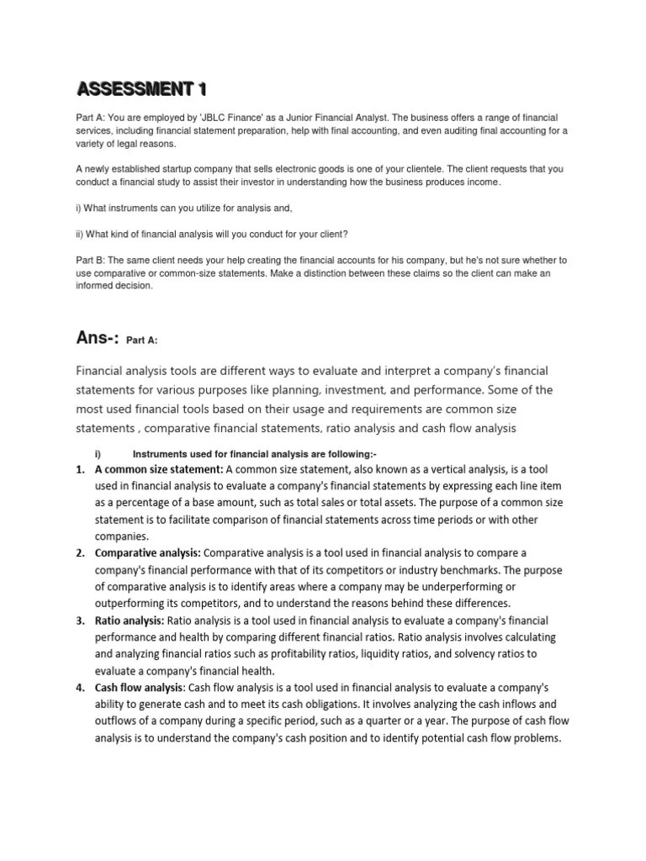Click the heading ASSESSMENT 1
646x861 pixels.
(x=140, y=87)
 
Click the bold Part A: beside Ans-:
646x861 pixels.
(x=142, y=341)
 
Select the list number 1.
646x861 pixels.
(x=80, y=469)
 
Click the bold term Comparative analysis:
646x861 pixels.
(x=148, y=552)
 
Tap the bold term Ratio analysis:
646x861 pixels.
(x=130, y=621)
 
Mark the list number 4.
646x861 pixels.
(x=80, y=688)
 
